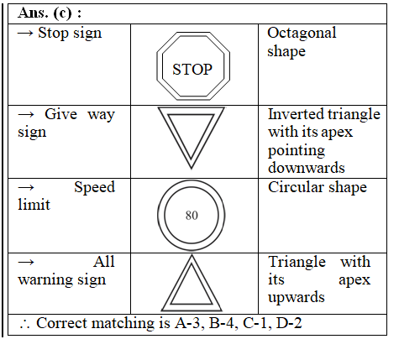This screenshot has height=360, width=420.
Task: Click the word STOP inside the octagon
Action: [x=192, y=70]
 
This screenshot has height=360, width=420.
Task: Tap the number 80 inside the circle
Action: [x=192, y=216]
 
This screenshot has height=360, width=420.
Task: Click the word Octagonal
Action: [x=302, y=34]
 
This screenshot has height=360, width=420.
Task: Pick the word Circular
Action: [x=296, y=187]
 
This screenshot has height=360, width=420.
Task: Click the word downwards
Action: [x=307, y=168]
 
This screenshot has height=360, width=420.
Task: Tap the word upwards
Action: [x=297, y=297]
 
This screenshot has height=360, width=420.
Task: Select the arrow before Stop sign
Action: [x=25, y=34]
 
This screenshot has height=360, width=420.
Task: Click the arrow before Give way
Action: [x=26, y=114]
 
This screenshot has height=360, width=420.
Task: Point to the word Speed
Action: [x=95, y=188]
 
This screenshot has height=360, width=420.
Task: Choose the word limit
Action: [x=34, y=204]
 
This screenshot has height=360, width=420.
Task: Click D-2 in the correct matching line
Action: [x=289, y=323]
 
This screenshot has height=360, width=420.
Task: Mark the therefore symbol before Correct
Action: [x=24, y=325]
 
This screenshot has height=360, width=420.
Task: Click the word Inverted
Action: [x=296, y=114]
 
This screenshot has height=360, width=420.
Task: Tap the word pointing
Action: [x=297, y=151]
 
